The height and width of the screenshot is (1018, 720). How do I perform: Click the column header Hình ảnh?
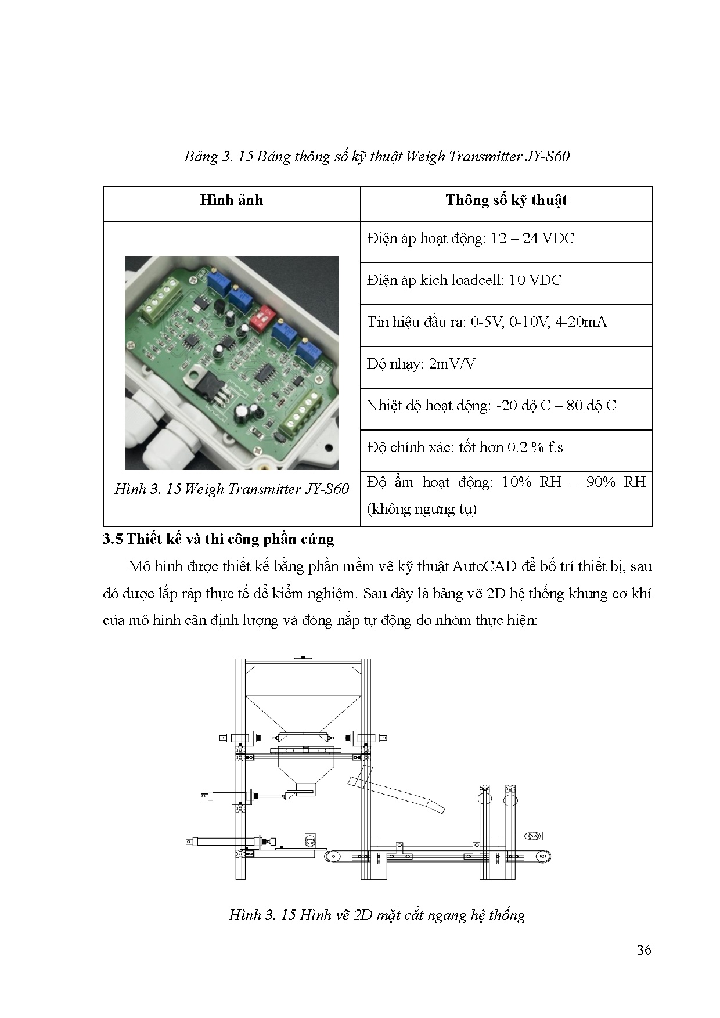tap(231, 201)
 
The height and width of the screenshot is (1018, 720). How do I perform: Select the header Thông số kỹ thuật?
tap(506, 201)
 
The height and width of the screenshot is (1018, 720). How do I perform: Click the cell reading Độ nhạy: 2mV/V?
tap(421, 364)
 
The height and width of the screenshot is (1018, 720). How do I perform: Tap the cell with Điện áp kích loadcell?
tap(464, 281)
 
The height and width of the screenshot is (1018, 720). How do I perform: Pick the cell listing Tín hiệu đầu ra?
tap(487, 323)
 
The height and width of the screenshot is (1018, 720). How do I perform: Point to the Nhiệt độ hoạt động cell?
tap(491, 406)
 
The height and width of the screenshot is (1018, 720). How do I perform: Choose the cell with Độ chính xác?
tap(465, 448)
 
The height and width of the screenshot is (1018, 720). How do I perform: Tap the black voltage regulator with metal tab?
tap(203, 383)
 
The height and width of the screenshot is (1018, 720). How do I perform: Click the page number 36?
tap(643, 950)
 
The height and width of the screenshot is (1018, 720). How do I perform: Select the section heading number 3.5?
tap(113, 539)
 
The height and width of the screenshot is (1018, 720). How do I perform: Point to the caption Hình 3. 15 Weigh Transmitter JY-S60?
tap(232, 489)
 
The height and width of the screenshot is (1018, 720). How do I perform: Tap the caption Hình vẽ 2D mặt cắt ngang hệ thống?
tap(377, 915)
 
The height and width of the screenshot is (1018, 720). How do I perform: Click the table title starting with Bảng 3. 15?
tap(377, 157)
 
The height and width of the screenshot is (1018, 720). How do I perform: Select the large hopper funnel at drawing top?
tap(303, 708)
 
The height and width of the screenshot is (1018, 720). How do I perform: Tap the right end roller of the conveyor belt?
tap(543, 855)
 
